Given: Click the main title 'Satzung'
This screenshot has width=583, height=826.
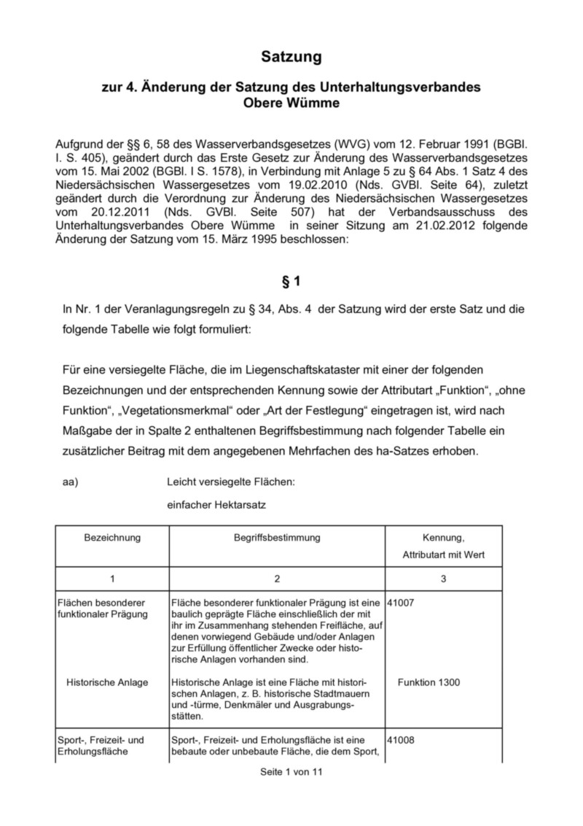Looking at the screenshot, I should pyautogui.click(x=291, y=56).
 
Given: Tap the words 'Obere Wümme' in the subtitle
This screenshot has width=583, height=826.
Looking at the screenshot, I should pyautogui.click(x=291, y=104).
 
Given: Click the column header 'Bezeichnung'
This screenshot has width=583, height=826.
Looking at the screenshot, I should pyautogui.click(x=112, y=538).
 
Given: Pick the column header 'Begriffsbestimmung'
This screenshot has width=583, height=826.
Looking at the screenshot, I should pyautogui.click(x=277, y=538).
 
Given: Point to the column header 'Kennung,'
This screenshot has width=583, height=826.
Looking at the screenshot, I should pyautogui.click(x=443, y=538).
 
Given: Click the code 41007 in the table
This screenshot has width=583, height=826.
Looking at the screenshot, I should pyautogui.click(x=402, y=603).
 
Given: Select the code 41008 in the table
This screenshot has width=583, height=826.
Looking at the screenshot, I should pyautogui.click(x=402, y=740).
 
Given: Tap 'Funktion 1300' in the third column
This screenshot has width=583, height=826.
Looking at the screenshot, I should pyautogui.click(x=429, y=682).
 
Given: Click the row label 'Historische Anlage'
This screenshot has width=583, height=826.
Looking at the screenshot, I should pyautogui.click(x=107, y=682).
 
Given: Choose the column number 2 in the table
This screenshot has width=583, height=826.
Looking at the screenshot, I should pyautogui.click(x=277, y=579).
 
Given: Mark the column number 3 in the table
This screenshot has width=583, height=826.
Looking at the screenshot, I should pyautogui.click(x=443, y=579).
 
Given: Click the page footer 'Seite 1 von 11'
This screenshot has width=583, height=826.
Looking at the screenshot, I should pyautogui.click(x=291, y=773).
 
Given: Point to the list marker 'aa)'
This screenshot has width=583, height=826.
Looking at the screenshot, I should pyautogui.click(x=71, y=481).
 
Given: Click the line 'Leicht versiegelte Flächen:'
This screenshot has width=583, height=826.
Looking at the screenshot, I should pyautogui.click(x=231, y=481).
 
